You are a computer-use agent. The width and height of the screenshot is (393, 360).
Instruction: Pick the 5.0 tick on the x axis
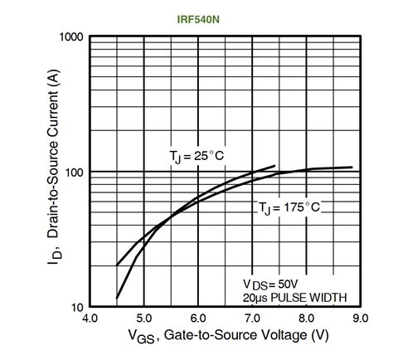coord(143,318)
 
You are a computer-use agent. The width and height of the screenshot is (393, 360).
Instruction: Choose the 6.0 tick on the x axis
coord(197,318)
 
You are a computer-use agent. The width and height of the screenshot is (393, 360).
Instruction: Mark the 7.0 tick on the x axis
coord(252,318)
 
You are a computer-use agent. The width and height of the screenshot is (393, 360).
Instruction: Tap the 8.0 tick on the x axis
coord(307,318)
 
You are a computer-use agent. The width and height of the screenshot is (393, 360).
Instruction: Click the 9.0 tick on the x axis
coord(361,318)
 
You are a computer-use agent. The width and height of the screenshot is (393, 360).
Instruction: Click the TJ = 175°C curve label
coord(289,207)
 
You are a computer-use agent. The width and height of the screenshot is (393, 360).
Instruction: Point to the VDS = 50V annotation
coord(271,281)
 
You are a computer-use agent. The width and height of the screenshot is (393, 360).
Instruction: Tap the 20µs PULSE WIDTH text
coord(294,296)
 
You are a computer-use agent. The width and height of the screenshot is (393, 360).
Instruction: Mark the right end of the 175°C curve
coord(352,168)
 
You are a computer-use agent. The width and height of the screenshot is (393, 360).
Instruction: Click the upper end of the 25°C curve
coord(274,166)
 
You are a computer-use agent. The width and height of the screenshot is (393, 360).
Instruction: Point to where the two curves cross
coord(170,217)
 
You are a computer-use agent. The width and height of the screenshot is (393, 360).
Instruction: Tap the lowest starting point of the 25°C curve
coord(117,297)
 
